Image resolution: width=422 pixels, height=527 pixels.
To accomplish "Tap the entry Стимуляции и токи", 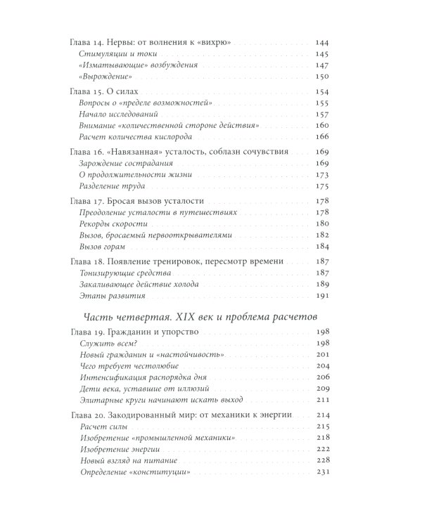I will tap(116, 54).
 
